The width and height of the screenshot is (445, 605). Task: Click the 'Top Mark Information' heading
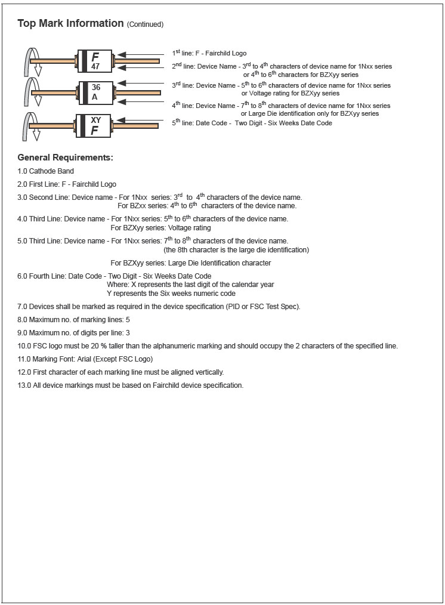tap(70, 24)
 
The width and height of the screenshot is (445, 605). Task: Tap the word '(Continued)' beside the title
tap(145, 24)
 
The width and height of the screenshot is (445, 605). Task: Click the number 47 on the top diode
tap(95, 67)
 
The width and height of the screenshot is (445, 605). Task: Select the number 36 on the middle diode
tap(95, 87)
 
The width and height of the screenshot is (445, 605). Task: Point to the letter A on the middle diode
tap(94, 97)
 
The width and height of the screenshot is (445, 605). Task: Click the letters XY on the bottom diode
tap(95, 119)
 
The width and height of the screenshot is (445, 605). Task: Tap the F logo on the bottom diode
tap(94, 130)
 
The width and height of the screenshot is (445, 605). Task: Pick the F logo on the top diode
tap(95, 57)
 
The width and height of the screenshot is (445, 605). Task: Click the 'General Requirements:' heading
tap(65, 158)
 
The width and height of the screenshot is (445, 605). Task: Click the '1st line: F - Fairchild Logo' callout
tap(209, 54)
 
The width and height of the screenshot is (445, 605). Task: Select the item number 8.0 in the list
tap(23, 320)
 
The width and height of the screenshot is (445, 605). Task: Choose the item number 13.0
tap(24, 385)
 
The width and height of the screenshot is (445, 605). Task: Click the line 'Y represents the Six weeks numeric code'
tap(171, 293)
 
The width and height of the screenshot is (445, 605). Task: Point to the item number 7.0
tap(23, 306)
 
